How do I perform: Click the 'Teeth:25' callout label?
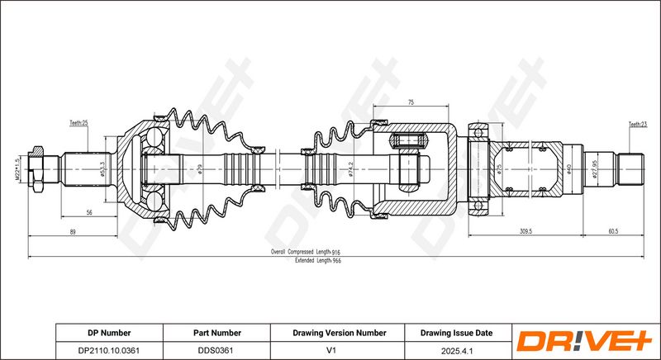[78, 123]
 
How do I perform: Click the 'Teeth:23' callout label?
[638, 124]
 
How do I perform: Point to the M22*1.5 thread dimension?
[17, 170]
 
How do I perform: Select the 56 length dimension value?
[89, 213]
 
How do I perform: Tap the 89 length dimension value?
[73, 231]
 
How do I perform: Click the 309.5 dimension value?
[525, 231]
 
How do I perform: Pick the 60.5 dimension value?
[613, 231]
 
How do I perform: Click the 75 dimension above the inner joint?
[411, 102]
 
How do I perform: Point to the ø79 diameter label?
[200, 169]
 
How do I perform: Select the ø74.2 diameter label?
[350, 169]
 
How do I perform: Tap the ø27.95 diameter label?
[595, 169]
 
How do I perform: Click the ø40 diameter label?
[568, 169]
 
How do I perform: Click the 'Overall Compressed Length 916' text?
[305, 252]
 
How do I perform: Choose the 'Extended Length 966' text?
[318, 261]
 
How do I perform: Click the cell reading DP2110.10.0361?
[109, 350]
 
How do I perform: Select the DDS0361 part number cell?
[216, 350]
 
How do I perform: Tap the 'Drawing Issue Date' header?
[456, 333]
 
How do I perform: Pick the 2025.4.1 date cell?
[457, 351]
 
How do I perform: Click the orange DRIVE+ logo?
[584, 341]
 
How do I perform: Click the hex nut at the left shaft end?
[36, 169]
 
